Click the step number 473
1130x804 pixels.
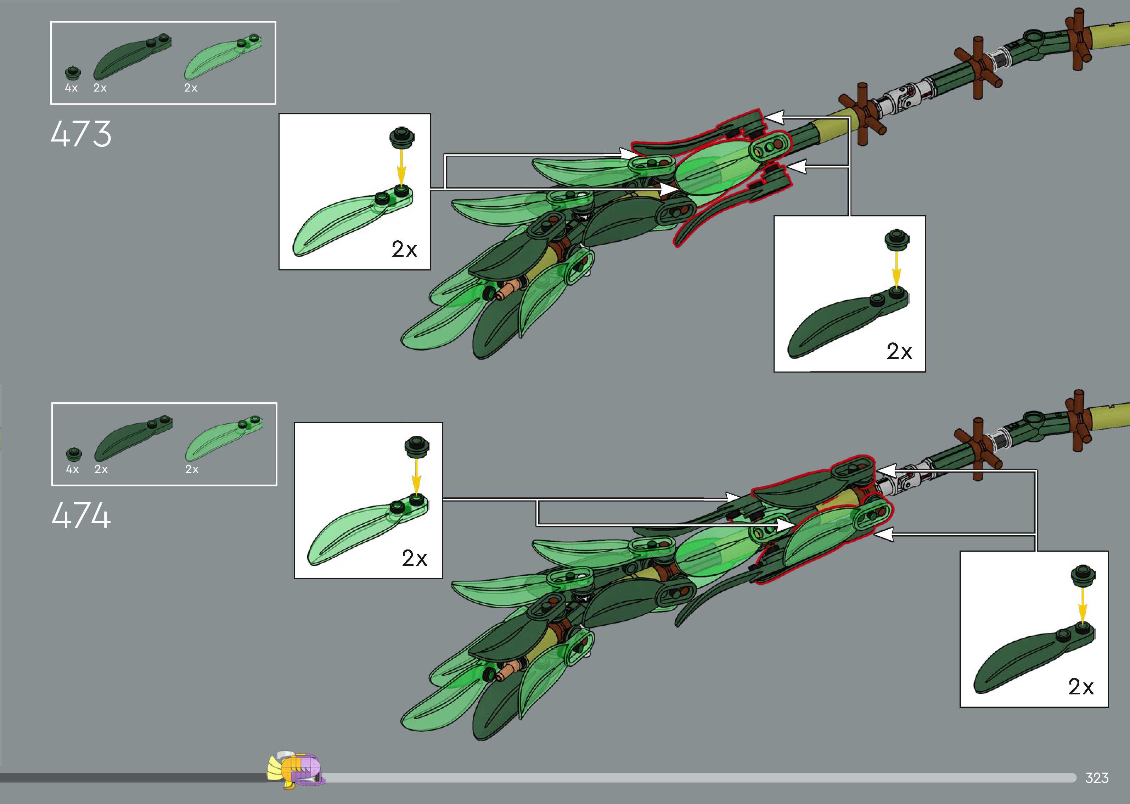point(81,134)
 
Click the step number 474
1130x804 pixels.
point(81,515)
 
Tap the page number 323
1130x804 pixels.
point(1096,778)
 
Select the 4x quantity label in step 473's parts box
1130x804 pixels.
point(71,88)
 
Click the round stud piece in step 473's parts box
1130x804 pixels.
point(72,73)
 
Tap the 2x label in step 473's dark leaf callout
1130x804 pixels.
point(899,352)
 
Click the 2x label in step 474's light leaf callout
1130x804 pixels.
point(414,558)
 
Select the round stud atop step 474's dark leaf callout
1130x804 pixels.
point(1082,575)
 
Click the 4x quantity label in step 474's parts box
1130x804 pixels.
point(72,469)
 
